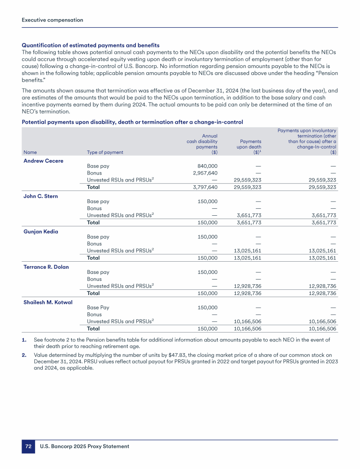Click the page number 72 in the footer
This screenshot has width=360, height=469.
(28, 446)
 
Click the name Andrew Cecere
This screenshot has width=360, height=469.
(43, 161)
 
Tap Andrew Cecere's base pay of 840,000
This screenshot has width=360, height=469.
(206, 166)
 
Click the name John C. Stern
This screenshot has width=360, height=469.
(41, 196)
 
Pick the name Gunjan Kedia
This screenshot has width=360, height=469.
(41, 232)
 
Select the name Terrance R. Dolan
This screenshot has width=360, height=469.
(46, 267)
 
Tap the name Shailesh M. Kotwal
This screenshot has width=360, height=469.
(48, 302)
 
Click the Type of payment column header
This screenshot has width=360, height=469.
(105, 152)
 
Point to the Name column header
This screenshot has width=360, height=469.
(30, 152)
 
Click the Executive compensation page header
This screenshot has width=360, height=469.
(52, 20)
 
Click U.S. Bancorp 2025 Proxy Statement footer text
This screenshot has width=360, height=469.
(84, 446)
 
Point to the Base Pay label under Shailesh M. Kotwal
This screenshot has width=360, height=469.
(98, 307)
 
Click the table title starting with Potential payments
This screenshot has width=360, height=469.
(132, 122)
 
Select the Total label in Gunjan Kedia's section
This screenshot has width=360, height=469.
(93, 257)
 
